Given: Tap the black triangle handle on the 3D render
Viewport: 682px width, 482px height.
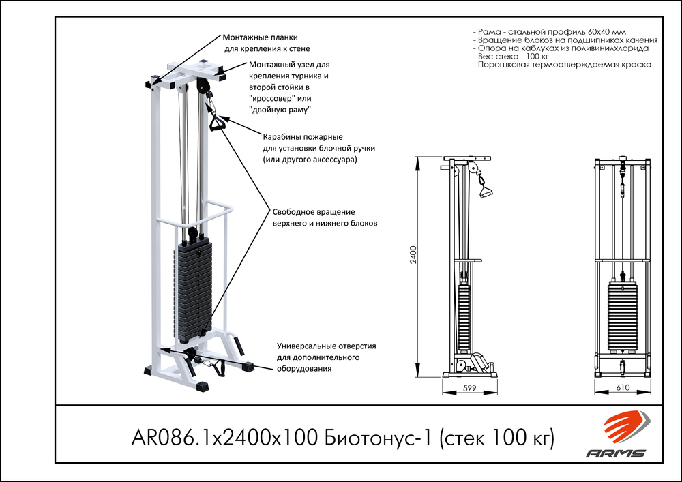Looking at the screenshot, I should pos(218,124).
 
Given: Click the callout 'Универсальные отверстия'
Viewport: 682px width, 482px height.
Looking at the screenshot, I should pos(326,346).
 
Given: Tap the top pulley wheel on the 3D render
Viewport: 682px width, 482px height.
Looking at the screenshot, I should pos(201,87).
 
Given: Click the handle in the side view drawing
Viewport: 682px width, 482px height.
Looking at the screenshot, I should pos(486,191).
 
